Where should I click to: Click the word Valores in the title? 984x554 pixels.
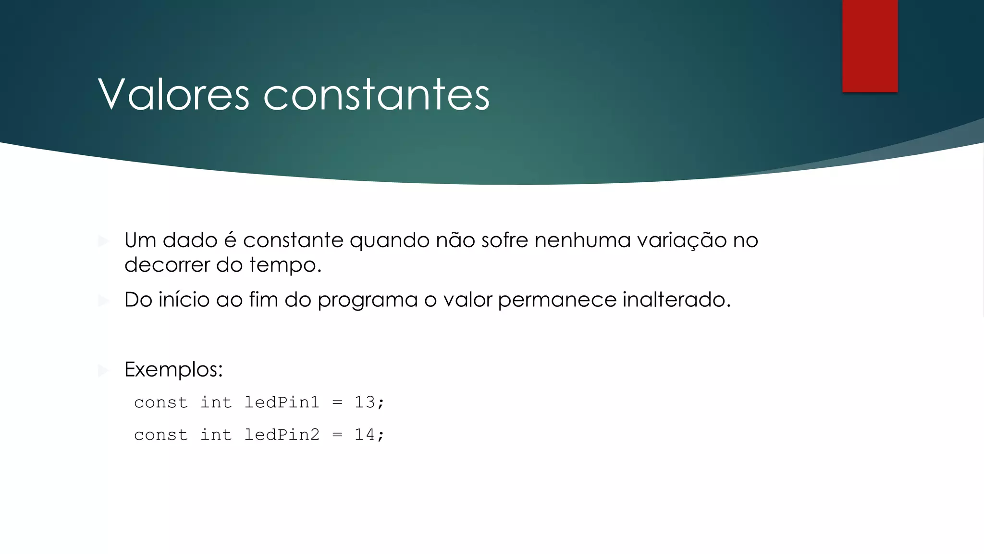173,94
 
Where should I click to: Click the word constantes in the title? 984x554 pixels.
376,94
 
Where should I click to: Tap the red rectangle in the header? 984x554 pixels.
870,46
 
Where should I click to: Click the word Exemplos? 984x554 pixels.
173,370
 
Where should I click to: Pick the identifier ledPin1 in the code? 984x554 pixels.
282,402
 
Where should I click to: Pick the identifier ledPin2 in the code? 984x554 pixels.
282,435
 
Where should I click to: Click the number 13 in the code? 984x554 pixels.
365,402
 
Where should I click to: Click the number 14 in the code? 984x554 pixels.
365,435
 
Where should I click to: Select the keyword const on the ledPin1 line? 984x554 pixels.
160,403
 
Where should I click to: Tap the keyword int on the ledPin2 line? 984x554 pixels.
216,435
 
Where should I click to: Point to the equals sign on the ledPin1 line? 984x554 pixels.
337,403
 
